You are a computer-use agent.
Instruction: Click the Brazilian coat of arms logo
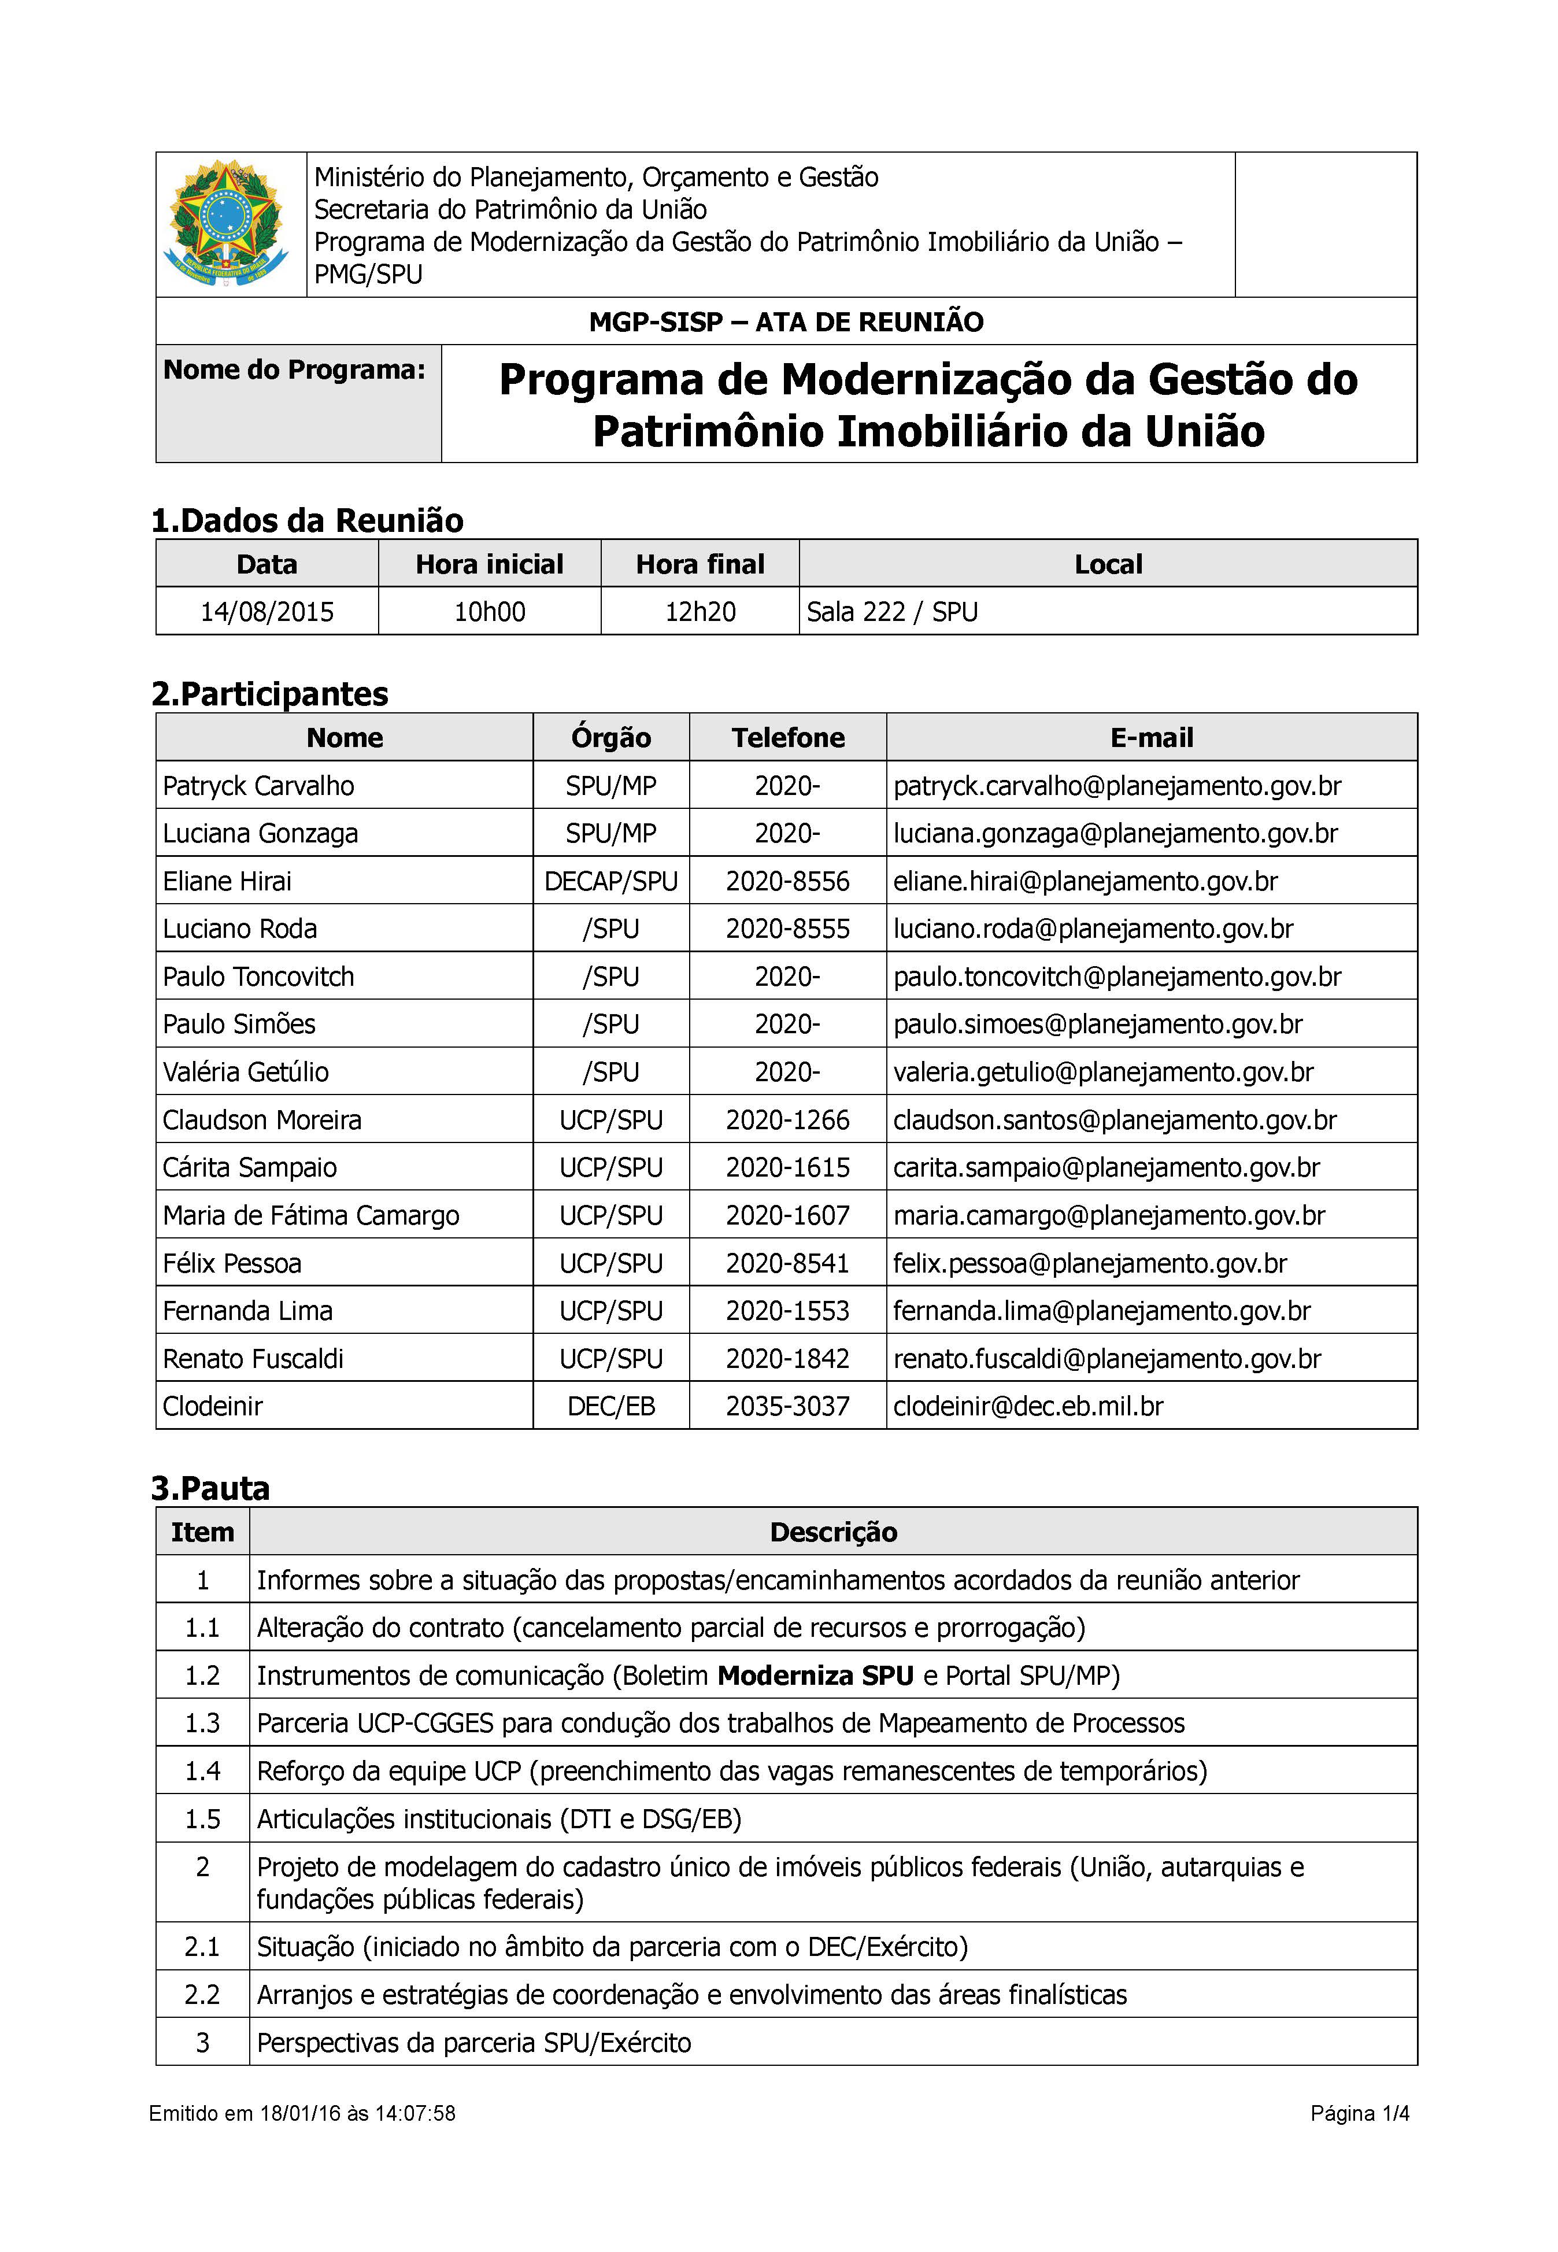tap(228, 224)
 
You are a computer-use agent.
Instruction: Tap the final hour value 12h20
tap(700, 612)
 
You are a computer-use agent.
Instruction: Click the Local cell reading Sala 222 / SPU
tap(891, 612)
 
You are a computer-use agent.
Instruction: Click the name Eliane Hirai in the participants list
tap(227, 882)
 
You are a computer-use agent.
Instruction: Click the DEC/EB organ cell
tap(611, 1407)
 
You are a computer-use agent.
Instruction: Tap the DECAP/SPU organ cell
tap(611, 882)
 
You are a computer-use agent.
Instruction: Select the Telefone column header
tap(788, 738)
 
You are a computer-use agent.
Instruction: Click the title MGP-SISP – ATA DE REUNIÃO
tap(786, 322)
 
